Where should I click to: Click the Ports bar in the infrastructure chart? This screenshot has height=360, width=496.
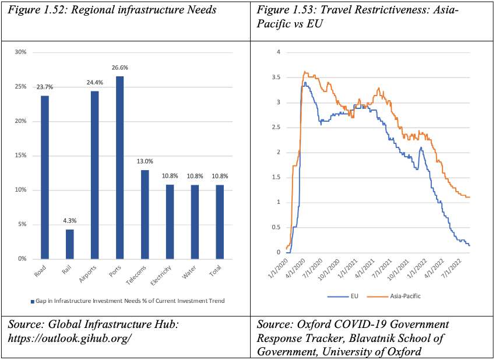[119, 167]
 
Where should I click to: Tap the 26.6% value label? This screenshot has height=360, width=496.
[119, 68]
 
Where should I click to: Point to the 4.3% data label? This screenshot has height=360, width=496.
[69, 221]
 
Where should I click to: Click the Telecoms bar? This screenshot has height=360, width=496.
[145, 214]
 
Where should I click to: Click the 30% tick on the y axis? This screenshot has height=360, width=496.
[21, 52]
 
